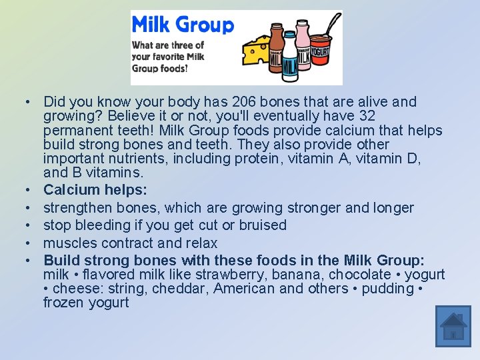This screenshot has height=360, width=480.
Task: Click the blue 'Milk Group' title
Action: [x=183, y=25]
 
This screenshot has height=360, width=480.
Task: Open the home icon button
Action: [x=453, y=326]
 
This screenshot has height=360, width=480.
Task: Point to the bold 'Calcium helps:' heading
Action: [x=95, y=190]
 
